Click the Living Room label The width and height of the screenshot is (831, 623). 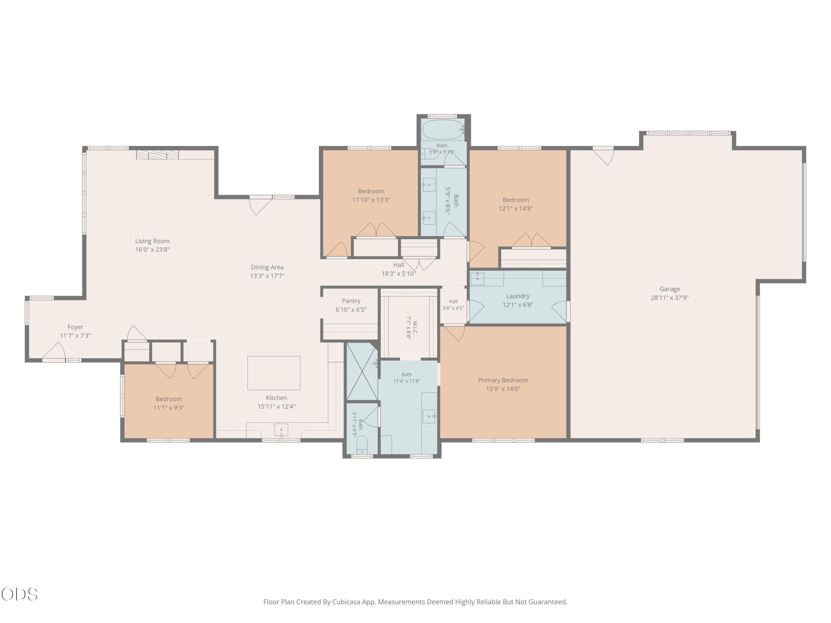click(x=152, y=241)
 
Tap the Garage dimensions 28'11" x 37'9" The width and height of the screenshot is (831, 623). click(x=670, y=298)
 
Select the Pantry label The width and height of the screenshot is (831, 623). click(x=351, y=301)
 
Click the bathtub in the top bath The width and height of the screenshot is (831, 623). click(x=443, y=130)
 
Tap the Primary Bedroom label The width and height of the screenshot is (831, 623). click(x=503, y=380)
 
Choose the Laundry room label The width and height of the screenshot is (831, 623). click(x=518, y=296)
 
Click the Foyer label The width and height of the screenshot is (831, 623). click(x=75, y=327)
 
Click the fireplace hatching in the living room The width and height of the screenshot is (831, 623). click(x=157, y=155)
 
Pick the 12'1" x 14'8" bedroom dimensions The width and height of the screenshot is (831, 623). click(x=515, y=208)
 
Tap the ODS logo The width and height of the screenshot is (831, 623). click(x=20, y=594)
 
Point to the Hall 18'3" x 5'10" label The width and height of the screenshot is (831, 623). click(x=399, y=269)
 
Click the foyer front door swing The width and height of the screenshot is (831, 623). click(x=54, y=351)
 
